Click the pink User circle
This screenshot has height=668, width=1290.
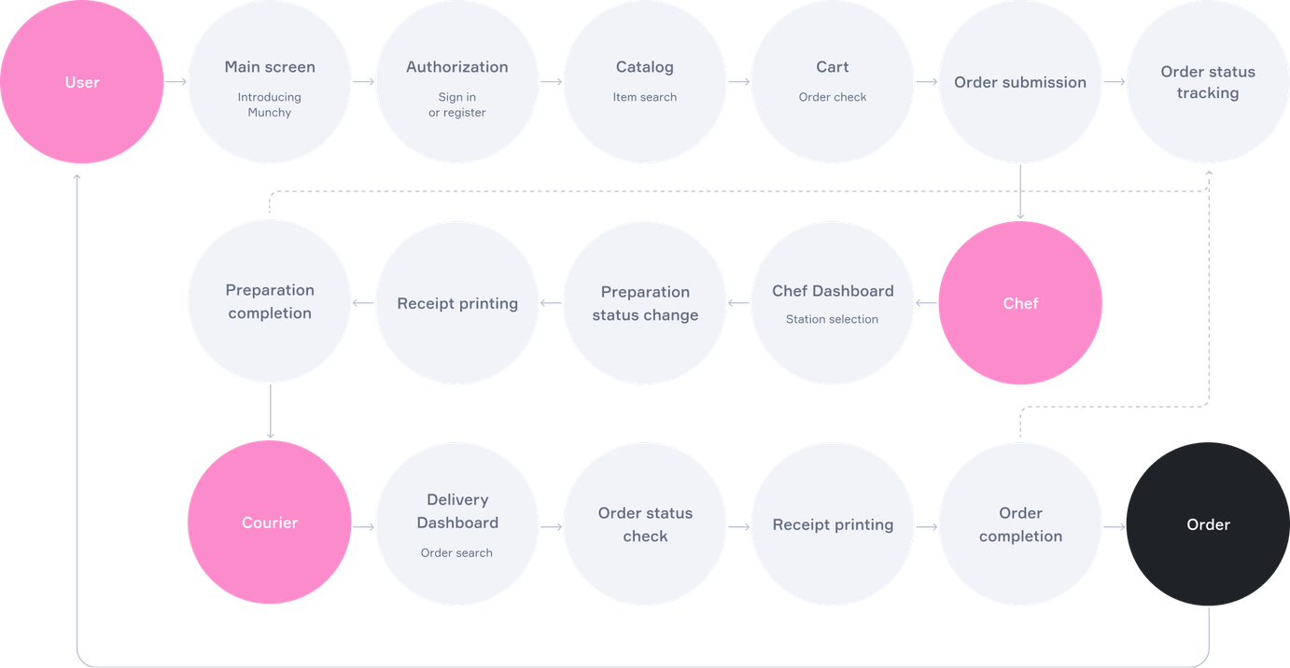point(82,82)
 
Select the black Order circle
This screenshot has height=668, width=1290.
point(1208,524)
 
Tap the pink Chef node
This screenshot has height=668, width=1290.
point(1020,303)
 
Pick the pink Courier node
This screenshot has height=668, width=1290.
point(270,522)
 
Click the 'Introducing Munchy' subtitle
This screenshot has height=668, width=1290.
point(270,104)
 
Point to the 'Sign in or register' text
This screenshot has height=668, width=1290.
point(457,104)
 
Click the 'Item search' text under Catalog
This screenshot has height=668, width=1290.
point(644,97)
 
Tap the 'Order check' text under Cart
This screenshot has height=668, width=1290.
point(833,97)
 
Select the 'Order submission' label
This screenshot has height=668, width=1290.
point(1020,82)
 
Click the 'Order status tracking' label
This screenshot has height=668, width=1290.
point(1208,82)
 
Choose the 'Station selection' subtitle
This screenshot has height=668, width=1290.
point(833,319)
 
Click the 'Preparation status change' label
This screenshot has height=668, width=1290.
point(645,303)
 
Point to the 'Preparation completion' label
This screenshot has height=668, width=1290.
point(270,301)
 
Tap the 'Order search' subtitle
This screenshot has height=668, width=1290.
point(456,553)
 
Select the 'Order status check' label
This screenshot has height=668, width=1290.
point(645,524)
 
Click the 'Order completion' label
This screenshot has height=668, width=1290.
point(1020,524)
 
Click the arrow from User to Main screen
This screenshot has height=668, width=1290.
point(175,82)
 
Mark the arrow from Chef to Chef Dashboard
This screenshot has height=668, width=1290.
point(926,302)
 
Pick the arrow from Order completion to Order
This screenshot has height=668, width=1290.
point(1115,526)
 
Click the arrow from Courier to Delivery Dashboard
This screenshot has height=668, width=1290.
point(363,526)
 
